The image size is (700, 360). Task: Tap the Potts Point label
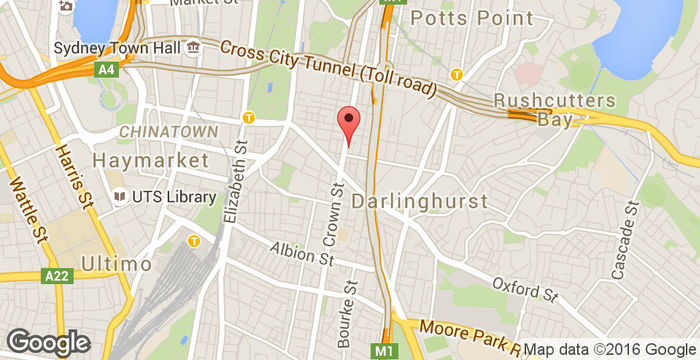459,18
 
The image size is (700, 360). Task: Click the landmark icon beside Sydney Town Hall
192,47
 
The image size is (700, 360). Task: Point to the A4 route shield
106,69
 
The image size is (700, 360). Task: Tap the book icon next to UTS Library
119,197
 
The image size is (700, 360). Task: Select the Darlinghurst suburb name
434,201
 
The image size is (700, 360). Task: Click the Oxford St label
524,289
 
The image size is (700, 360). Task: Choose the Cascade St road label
623,240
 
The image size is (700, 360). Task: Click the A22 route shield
58,274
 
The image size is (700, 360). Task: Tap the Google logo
47,342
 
